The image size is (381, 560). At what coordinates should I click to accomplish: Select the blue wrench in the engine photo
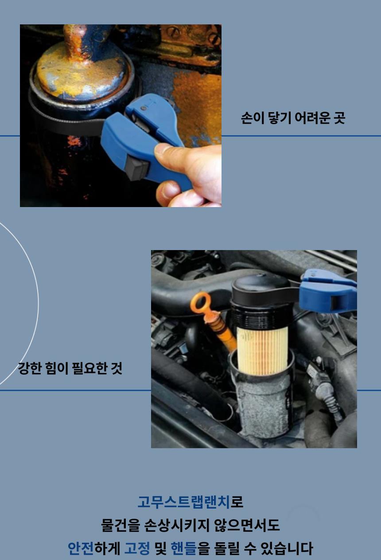pyautogui.click(x=328, y=291)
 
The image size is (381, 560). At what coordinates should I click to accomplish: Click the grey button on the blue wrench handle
pyautogui.click(x=137, y=167)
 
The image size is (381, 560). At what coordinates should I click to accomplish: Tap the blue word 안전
pyautogui.click(x=81, y=548)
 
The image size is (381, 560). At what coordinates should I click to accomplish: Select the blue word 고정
pyautogui.click(x=137, y=548)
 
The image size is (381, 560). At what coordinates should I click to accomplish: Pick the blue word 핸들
pyautogui.click(x=184, y=548)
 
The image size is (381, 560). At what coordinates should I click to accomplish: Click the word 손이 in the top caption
pyautogui.click(x=253, y=118)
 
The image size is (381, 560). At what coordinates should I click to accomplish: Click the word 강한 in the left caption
pyautogui.click(x=30, y=368)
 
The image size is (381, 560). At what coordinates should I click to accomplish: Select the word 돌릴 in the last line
pyautogui.click(x=227, y=548)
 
